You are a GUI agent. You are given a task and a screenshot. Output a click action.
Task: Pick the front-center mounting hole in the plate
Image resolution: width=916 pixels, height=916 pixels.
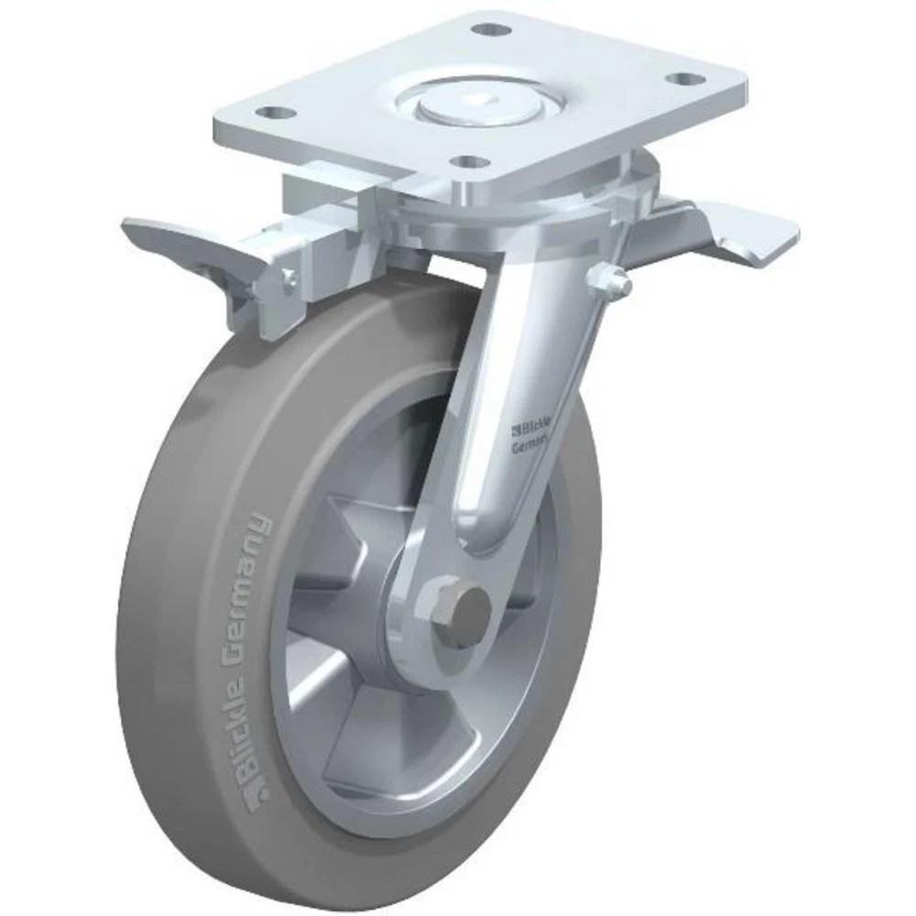471,162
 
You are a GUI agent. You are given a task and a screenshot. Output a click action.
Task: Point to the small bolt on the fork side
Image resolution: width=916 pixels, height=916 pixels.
611,278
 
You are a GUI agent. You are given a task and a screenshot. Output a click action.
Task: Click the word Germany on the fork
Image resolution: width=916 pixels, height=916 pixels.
529,442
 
